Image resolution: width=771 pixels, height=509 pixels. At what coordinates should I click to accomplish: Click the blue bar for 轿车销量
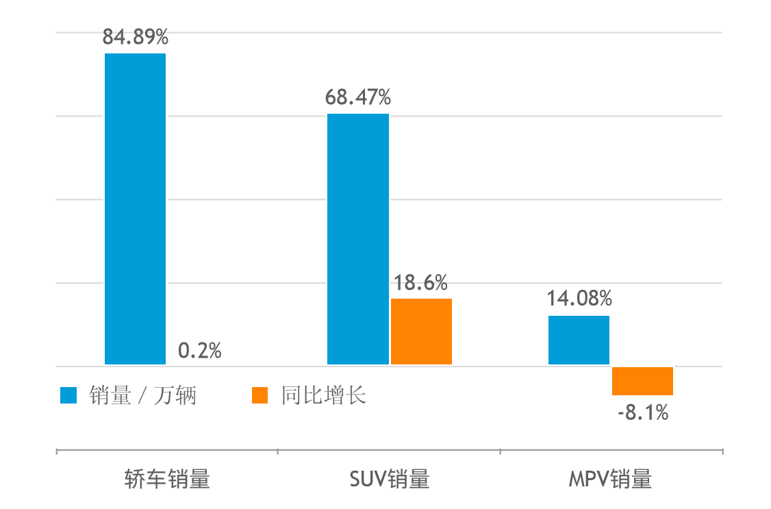point(135,208)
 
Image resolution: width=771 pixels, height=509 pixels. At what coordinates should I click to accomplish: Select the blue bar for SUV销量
point(357,238)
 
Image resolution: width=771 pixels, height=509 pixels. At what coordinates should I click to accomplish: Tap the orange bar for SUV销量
point(421,332)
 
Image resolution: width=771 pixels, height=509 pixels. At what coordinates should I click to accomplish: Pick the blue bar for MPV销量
point(579,340)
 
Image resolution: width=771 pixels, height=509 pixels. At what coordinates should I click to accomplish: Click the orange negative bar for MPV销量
point(642,381)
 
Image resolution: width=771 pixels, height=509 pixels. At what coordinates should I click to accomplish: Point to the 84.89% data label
point(135,37)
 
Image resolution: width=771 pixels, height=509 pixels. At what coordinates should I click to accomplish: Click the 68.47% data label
point(357,97)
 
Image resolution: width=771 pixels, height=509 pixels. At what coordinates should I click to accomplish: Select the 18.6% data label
point(420,282)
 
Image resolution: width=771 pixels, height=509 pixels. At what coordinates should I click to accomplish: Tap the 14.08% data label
point(579,299)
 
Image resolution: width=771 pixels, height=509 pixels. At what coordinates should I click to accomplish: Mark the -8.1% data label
point(642,413)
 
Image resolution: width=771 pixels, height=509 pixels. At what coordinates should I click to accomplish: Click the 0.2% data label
point(199,351)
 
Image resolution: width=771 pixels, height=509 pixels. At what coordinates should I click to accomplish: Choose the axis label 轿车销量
point(167,479)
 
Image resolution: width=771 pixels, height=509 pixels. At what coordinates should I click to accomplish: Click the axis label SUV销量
point(389,479)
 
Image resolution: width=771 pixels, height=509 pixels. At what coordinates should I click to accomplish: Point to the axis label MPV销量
point(611,479)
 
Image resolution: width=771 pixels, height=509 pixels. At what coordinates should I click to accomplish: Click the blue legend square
point(68,395)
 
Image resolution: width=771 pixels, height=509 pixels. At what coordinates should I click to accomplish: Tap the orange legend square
point(260,395)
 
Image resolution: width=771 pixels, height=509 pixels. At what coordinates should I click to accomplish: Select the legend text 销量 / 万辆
point(142,395)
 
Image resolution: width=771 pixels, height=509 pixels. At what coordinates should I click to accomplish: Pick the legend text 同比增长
point(323,395)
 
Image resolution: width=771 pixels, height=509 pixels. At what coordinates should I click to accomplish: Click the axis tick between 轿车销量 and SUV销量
point(278,451)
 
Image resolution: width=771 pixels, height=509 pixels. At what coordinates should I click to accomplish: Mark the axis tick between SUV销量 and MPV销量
point(501,451)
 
